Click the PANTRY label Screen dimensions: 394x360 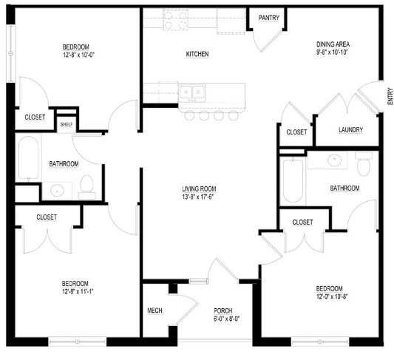(269, 18)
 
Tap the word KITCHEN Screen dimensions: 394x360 (197, 54)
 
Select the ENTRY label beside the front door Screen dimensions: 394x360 (390, 97)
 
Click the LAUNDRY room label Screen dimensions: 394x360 (350, 129)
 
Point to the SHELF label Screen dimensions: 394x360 (67, 124)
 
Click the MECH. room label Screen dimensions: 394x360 (155, 310)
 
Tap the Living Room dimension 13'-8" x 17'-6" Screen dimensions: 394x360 (198, 197)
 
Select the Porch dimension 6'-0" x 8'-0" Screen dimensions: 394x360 (226, 319)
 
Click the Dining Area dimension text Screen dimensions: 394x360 (332, 52)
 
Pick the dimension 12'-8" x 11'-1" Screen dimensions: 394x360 (78, 291)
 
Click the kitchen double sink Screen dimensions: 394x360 (192, 92)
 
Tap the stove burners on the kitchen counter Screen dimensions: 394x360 (176, 20)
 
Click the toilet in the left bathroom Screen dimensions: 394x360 (86, 187)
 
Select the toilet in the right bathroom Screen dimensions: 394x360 (364, 164)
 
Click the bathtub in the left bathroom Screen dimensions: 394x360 (28, 158)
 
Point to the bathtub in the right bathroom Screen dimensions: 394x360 (293, 180)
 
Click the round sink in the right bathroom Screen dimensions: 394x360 (334, 160)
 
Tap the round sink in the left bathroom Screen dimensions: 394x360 (58, 191)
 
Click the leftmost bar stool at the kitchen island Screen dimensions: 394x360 (189, 115)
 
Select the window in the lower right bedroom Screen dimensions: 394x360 (320, 342)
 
